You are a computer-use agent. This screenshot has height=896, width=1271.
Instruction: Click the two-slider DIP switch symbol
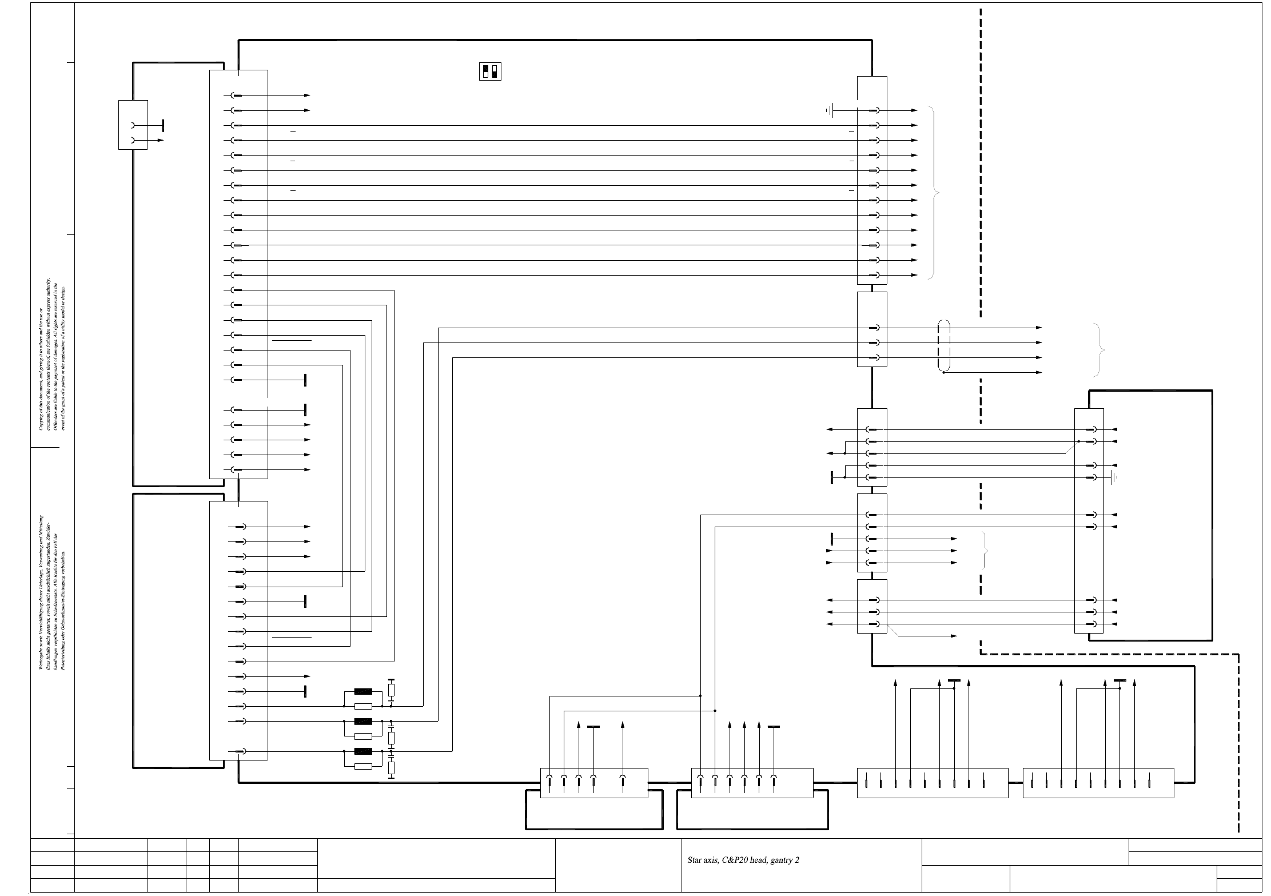490,71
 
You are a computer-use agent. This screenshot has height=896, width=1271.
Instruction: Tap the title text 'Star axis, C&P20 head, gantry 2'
743,860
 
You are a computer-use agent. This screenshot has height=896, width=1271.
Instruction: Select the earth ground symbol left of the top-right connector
831,110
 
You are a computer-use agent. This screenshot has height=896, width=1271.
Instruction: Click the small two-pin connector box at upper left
133,125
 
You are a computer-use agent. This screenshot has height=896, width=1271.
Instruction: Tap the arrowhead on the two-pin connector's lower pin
161,140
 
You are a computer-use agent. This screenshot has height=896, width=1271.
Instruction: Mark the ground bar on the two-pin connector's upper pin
164,125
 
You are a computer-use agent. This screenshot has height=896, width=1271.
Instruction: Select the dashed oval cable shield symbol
944,347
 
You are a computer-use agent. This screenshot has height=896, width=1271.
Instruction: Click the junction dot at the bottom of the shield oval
944,373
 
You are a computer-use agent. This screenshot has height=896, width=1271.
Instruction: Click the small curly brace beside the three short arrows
985,550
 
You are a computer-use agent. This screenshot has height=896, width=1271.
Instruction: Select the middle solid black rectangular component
363,721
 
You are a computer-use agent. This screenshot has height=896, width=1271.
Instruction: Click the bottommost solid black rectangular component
363,751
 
